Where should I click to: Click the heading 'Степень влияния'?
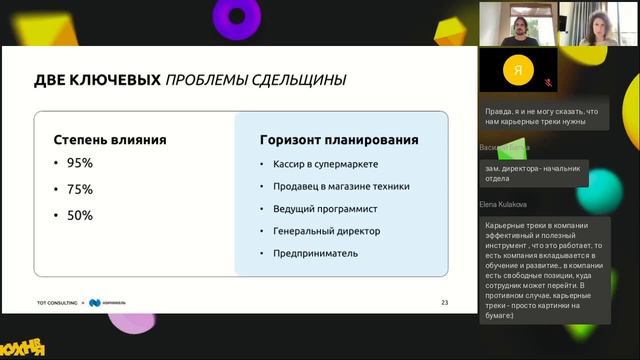110,140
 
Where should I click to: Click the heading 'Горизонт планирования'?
339,140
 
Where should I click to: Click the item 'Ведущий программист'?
321,209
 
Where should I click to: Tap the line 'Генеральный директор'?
325,231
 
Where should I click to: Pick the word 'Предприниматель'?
315,253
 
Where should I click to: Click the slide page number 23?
444,302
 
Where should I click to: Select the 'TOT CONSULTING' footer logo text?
56,302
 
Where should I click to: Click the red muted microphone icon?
547,82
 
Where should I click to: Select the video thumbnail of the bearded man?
517,23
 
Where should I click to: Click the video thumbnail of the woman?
597,23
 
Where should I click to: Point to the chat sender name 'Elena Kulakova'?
503,204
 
